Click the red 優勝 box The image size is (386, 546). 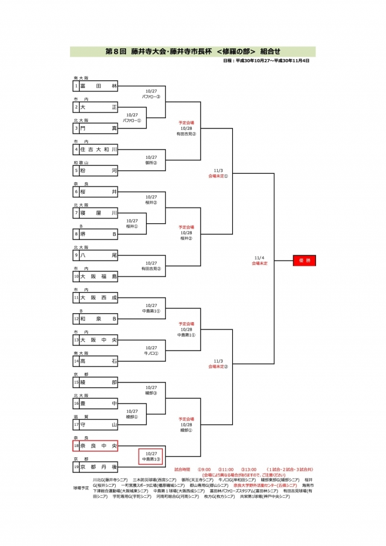304,260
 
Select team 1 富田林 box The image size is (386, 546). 95,86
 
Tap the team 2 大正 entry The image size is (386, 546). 95,107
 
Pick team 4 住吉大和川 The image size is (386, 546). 95,149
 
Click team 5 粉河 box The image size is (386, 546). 95,170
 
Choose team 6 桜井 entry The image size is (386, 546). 95,191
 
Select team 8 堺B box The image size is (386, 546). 95,233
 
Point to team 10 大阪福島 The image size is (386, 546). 95,276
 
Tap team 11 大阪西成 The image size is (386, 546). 95,297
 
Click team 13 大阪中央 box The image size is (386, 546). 95,340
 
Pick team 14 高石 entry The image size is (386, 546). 95,361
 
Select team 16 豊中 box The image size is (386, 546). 95,403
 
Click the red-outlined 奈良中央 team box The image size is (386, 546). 95,446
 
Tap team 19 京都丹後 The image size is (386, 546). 95,467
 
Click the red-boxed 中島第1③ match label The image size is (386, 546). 151,456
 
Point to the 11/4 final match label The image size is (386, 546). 261,260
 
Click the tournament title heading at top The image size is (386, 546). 193,52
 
